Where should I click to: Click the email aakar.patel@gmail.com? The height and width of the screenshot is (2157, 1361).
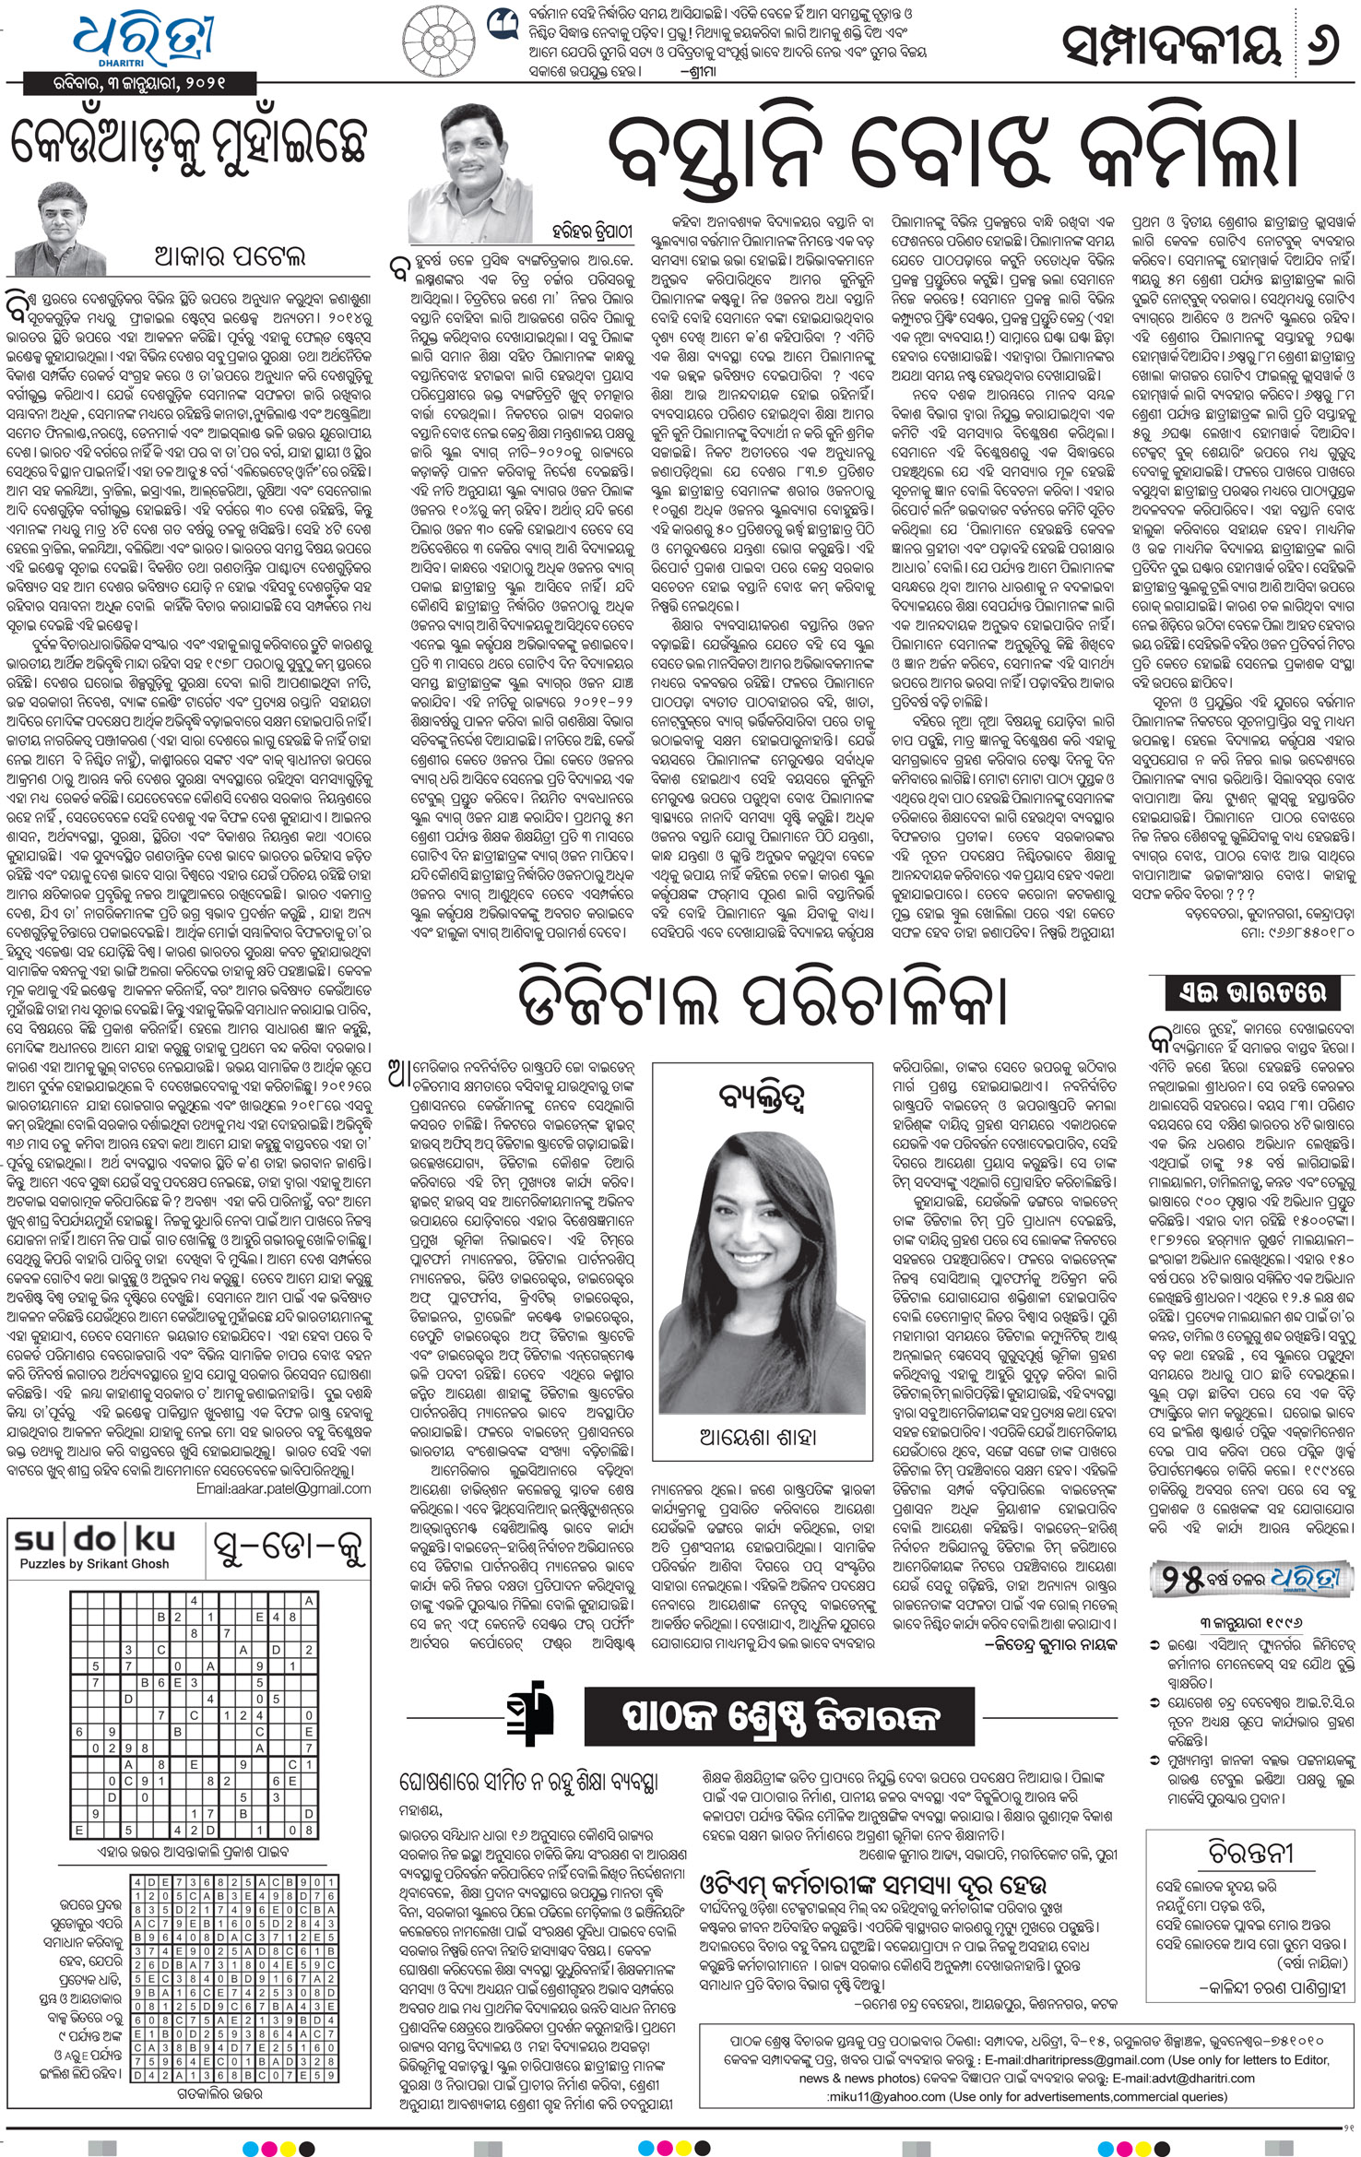point(284,1488)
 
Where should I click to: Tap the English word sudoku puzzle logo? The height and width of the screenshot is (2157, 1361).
point(96,1538)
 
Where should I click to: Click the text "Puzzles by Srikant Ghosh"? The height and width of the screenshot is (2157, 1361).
point(95,1563)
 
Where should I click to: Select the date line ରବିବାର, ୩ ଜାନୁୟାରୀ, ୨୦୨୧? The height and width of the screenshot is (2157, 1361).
point(140,83)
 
